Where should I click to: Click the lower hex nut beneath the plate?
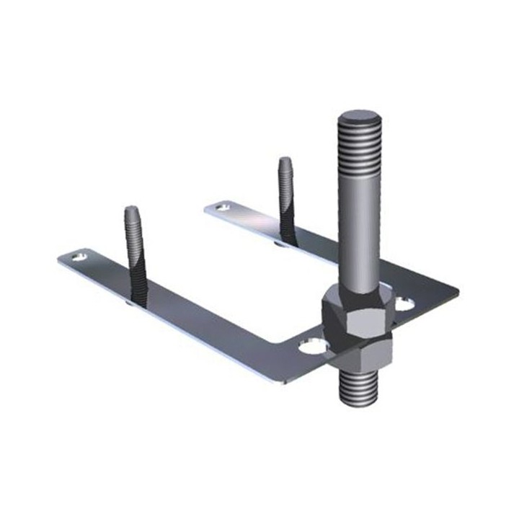(360, 353)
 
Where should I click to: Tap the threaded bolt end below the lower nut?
(359, 389)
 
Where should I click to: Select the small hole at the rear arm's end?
(223, 207)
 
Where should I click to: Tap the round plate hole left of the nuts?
(312, 347)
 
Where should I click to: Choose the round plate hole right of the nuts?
(405, 304)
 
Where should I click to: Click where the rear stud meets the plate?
(287, 241)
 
